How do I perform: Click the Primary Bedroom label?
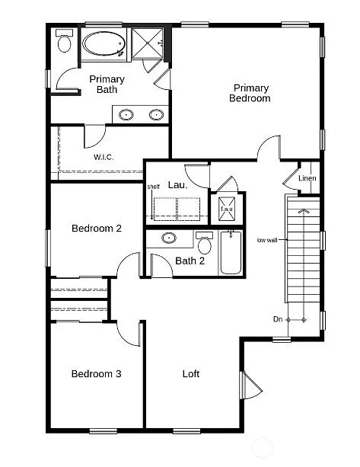[x=251, y=93]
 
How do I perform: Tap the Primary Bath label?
[x=107, y=85]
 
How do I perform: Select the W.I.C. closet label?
[x=104, y=157]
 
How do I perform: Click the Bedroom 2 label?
[x=97, y=228]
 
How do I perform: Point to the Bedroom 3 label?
[x=97, y=373]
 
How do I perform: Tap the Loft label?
[x=191, y=373]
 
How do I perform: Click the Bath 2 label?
[x=190, y=261]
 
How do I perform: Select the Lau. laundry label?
[x=177, y=185]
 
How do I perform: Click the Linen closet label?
[x=307, y=179]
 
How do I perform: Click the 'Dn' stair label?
[x=279, y=319]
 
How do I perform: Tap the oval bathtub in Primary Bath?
[x=105, y=44]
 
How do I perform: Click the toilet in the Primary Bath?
[x=64, y=43]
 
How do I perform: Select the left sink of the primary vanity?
[x=126, y=115]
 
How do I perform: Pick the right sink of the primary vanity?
[x=156, y=115]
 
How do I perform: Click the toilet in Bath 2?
[x=204, y=246]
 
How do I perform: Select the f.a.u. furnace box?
[x=227, y=208]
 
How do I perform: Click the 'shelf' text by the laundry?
[x=154, y=187]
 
